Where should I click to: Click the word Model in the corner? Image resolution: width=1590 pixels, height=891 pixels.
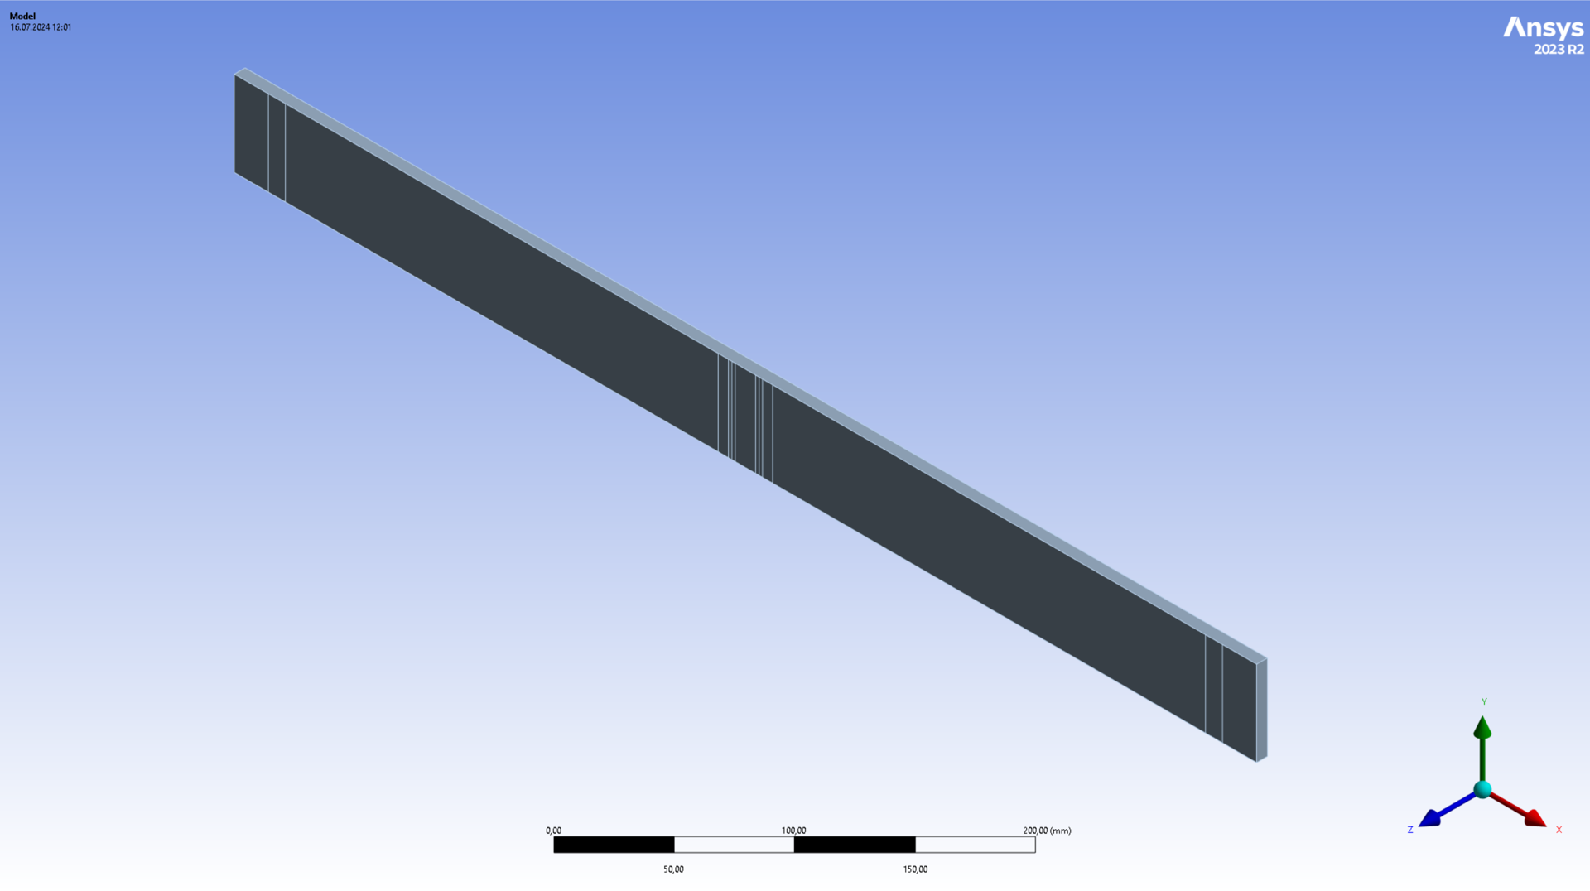pyautogui.click(x=22, y=16)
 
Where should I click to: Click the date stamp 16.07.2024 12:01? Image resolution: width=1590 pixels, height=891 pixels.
pyautogui.click(x=41, y=27)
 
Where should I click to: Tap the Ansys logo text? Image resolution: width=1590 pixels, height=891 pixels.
pyautogui.click(x=1543, y=28)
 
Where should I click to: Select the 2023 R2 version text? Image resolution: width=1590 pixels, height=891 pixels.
pyautogui.click(x=1559, y=50)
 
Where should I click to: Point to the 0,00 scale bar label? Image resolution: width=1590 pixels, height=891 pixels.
pyautogui.click(x=553, y=831)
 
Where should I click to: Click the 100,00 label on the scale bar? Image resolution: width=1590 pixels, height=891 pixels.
pyautogui.click(x=793, y=831)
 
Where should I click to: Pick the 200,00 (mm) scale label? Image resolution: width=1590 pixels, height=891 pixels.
pyautogui.click(x=1047, y=831)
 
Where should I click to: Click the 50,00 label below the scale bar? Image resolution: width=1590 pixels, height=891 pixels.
pyautogui.click(x=673, y=869)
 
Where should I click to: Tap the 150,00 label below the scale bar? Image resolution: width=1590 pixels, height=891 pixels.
pyautogui.click(x=915, y=869)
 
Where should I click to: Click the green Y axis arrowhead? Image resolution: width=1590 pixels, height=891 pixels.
pyautogui.click(x=1482, y=728)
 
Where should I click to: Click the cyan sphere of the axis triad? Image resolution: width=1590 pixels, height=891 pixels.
pyautogui.click(x=1482, y=789)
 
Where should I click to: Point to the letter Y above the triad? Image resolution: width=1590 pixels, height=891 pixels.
pyautogui.click(x=1484, y=701)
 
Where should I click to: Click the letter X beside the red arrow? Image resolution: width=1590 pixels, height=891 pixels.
pyautogui.click(x=1559, y=830)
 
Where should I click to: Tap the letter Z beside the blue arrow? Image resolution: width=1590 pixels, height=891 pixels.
pyautogui.click(x=1409, y=830)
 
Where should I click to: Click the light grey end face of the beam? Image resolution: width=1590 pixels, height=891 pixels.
pyautogui.click(x=1262, y=710)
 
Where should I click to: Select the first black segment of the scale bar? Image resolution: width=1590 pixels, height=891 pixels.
pyautogui.click(x=614, y=845)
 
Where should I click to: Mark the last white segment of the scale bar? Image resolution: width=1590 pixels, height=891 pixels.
pyautogui.click(x=975, y=845)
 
